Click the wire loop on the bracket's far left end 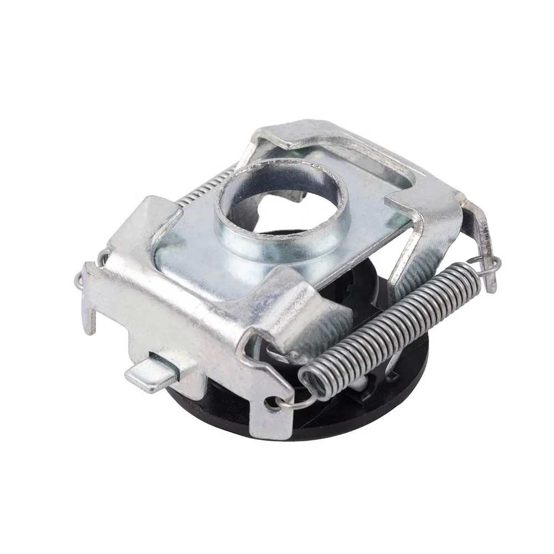(x=83, y=274)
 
